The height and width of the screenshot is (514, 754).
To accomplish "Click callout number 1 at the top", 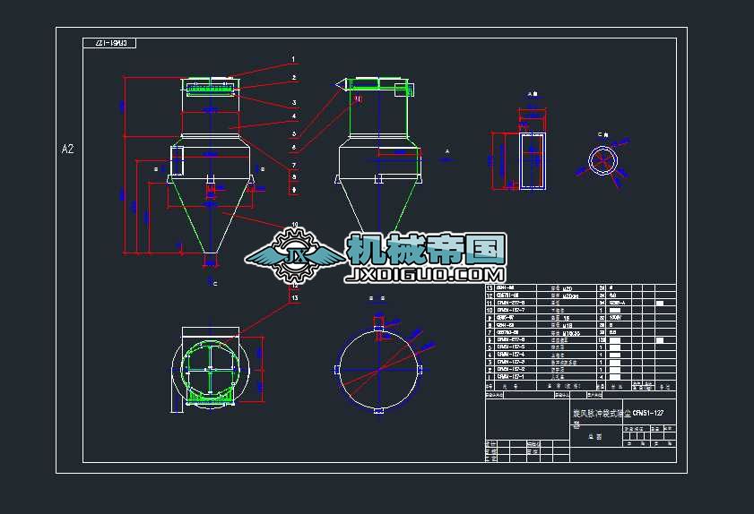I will (293, 60).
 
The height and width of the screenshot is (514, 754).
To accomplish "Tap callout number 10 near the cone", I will (294, 225).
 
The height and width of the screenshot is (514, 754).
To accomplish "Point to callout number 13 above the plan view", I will (293, 296).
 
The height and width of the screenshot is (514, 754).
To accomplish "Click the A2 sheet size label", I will (67, 149).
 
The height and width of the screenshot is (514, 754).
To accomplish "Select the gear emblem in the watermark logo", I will (293, 253).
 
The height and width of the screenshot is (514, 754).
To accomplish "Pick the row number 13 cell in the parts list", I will (490, 288).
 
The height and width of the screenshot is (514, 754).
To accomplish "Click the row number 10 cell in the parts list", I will (490, 310).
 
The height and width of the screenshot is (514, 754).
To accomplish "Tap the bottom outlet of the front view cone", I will (211, 261).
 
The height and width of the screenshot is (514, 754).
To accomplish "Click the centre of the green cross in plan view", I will (210, 368).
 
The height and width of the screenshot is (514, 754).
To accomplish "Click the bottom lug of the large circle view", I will (380, 411).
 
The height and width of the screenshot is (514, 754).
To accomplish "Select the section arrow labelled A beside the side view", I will (446, 156).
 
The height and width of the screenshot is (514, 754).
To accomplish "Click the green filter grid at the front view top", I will (211, 88).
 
